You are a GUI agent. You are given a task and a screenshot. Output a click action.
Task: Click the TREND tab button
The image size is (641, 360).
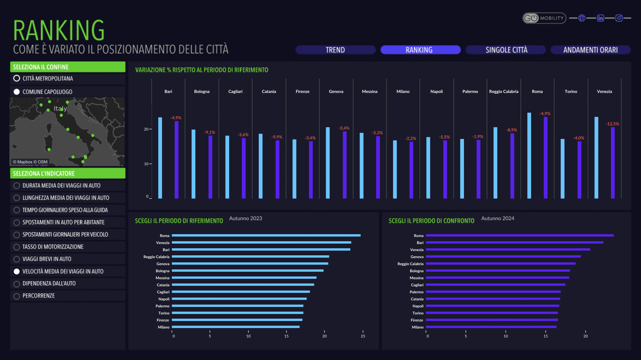[x=335, y=50]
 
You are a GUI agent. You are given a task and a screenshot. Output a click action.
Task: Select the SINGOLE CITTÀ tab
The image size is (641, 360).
[x=506, y=50]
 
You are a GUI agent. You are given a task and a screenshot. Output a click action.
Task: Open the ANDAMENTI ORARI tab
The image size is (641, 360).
[x=590, y=50]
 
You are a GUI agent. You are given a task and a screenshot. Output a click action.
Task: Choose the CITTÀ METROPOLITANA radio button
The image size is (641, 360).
[x=17, y=78]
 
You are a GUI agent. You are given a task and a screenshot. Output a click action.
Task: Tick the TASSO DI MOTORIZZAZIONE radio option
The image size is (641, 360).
[x=17, y=247]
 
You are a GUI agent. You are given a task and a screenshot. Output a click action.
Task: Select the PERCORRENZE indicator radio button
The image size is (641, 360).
[x=17, y=296]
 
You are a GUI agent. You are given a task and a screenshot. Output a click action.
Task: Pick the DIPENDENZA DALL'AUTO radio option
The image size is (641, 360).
[x=17, y=284]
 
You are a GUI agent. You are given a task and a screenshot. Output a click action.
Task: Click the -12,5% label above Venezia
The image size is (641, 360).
[x=612, y=124]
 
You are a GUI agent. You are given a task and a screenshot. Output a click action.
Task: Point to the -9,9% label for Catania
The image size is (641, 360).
[x=277, y=137]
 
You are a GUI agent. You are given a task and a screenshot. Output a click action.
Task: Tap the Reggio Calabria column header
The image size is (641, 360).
[x=504, y=92]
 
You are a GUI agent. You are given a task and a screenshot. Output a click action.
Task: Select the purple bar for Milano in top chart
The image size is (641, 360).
[x=411, y=170]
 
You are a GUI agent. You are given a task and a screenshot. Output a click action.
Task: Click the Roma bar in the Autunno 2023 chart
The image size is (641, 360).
[x=266, y=235]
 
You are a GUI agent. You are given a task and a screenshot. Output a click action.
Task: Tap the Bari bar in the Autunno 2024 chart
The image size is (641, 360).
[x=514, y=243]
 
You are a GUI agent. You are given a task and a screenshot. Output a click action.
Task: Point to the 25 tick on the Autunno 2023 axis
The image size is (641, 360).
[x=363, y=336]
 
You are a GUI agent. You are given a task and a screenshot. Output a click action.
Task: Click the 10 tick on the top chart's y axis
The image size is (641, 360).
[x=147, y=164]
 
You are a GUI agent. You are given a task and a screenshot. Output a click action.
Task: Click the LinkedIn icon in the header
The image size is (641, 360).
[x=600, y=18]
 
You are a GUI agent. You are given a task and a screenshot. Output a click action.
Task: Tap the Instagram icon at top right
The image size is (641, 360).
[x=619, y=18]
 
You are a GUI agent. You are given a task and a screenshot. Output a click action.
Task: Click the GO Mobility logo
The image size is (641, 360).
[x=544, y=18]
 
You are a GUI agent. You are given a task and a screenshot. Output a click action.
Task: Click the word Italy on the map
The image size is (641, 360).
[x=60, y=109]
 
